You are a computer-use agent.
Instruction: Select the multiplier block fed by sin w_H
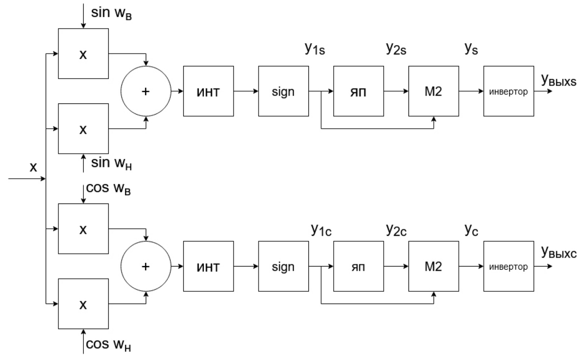pyautogui.click(x=83, y=129)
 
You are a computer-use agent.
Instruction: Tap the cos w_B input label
pyautogui.click(x=108, y=189)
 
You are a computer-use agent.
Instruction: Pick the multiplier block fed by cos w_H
pyautogui.click(x=83, y=304)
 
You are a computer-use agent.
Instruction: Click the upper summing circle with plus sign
pyautogui.click(x=146, y=91)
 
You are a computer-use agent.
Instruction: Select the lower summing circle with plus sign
pyautogui.click(x=146, y=266)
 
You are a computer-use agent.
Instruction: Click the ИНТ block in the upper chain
pyautogui.click(x=208, y=91)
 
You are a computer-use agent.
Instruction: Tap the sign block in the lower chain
pyautogui.click(x=283, y=266)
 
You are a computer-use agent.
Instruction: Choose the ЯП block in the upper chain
pyautogui.click(x=358, y=91)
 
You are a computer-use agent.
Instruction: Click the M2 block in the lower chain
pyautogui.click(x=433, y=266)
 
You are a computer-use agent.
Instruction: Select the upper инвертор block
pyautogui.click(x=509, y=91)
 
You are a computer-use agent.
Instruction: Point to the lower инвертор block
pyautogui.click(x=509, y=266)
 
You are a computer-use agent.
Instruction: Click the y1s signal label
pyautogui.click(x=315, y=49)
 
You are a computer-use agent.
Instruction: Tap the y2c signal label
pyautogui.click(x=396, y=230)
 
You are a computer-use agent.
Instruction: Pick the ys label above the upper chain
pyautogui.click(x=471, y=49)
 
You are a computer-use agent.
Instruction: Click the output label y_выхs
pyautogui.click(x=558, y=80)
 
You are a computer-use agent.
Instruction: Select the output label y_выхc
pyautogui.click(x=558, y=253)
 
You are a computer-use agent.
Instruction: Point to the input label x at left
pyautogui.click(x=33, y=167)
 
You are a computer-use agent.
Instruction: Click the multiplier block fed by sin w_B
pyautogui.click(x=83, y=54)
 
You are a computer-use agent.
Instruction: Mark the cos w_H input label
pyautogui.click(x=108, y=345)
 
